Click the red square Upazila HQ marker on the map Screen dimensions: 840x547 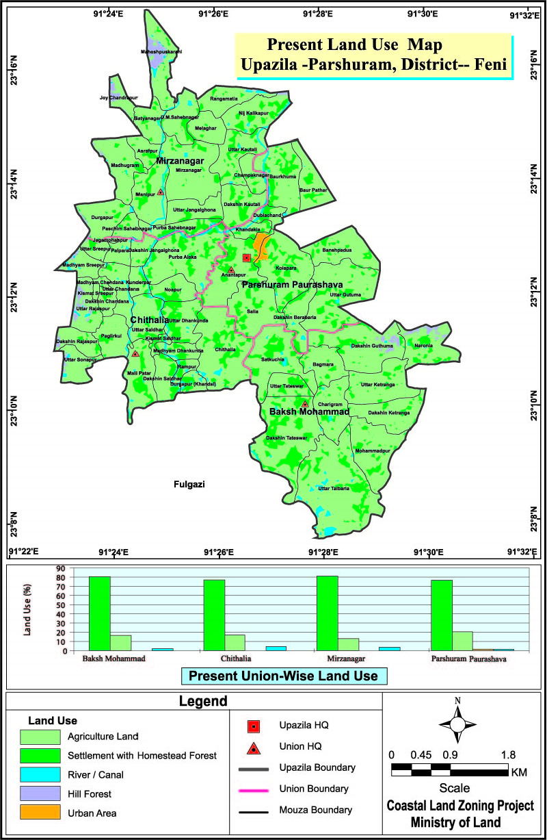247,257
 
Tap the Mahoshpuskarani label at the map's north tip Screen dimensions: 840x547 161,51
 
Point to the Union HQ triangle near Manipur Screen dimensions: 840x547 160,192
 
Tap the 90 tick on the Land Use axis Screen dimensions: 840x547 60,568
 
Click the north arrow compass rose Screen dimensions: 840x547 458,724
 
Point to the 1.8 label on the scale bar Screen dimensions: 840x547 508,754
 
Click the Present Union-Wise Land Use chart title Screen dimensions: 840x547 283,676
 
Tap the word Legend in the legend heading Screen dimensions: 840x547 203,702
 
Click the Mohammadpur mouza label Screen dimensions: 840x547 372,452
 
